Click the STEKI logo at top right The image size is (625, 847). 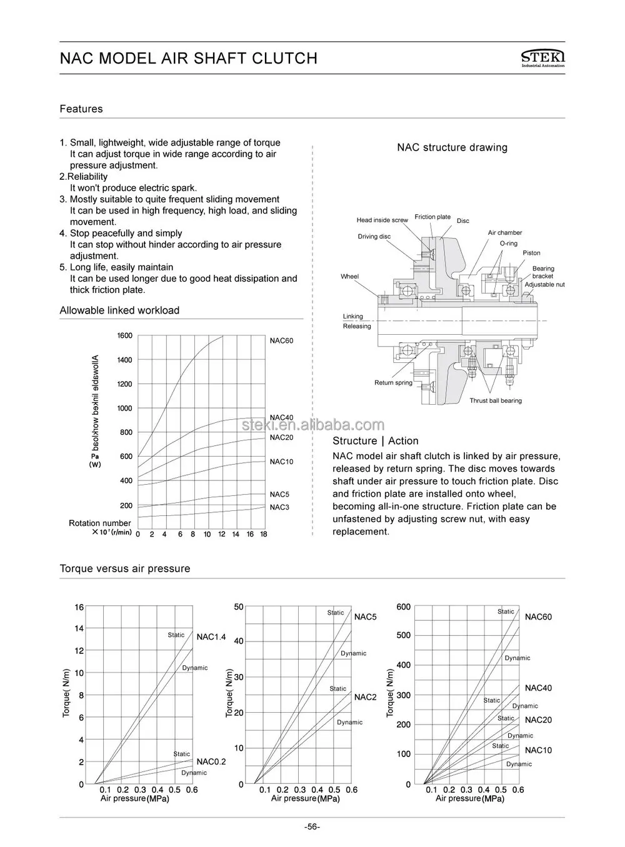point(542,57)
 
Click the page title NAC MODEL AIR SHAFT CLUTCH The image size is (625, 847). point(188,58)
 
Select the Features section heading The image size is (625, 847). point(81,109)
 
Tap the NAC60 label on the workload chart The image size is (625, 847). point(281,341)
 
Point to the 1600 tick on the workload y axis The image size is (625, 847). point(125,336)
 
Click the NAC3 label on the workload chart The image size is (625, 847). point(279,507)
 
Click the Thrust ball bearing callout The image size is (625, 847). point(496,401)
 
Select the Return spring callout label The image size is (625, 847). point(393,383)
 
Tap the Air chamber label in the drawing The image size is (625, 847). point(504,233)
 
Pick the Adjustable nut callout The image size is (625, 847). point(544,285)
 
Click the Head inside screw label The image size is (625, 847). point(382,220)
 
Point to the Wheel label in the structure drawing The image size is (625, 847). point(349,277)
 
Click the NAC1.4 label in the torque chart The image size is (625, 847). point(211,637)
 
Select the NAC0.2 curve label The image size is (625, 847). point(211,761)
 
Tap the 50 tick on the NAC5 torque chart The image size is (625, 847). point(239,607)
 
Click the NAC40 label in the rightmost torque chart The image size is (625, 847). point(538,688)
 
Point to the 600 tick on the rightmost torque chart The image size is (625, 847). point(404,607)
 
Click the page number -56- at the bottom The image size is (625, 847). point(312,827)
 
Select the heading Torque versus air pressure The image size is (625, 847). point(124,569)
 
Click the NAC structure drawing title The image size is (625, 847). point(452,148)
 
